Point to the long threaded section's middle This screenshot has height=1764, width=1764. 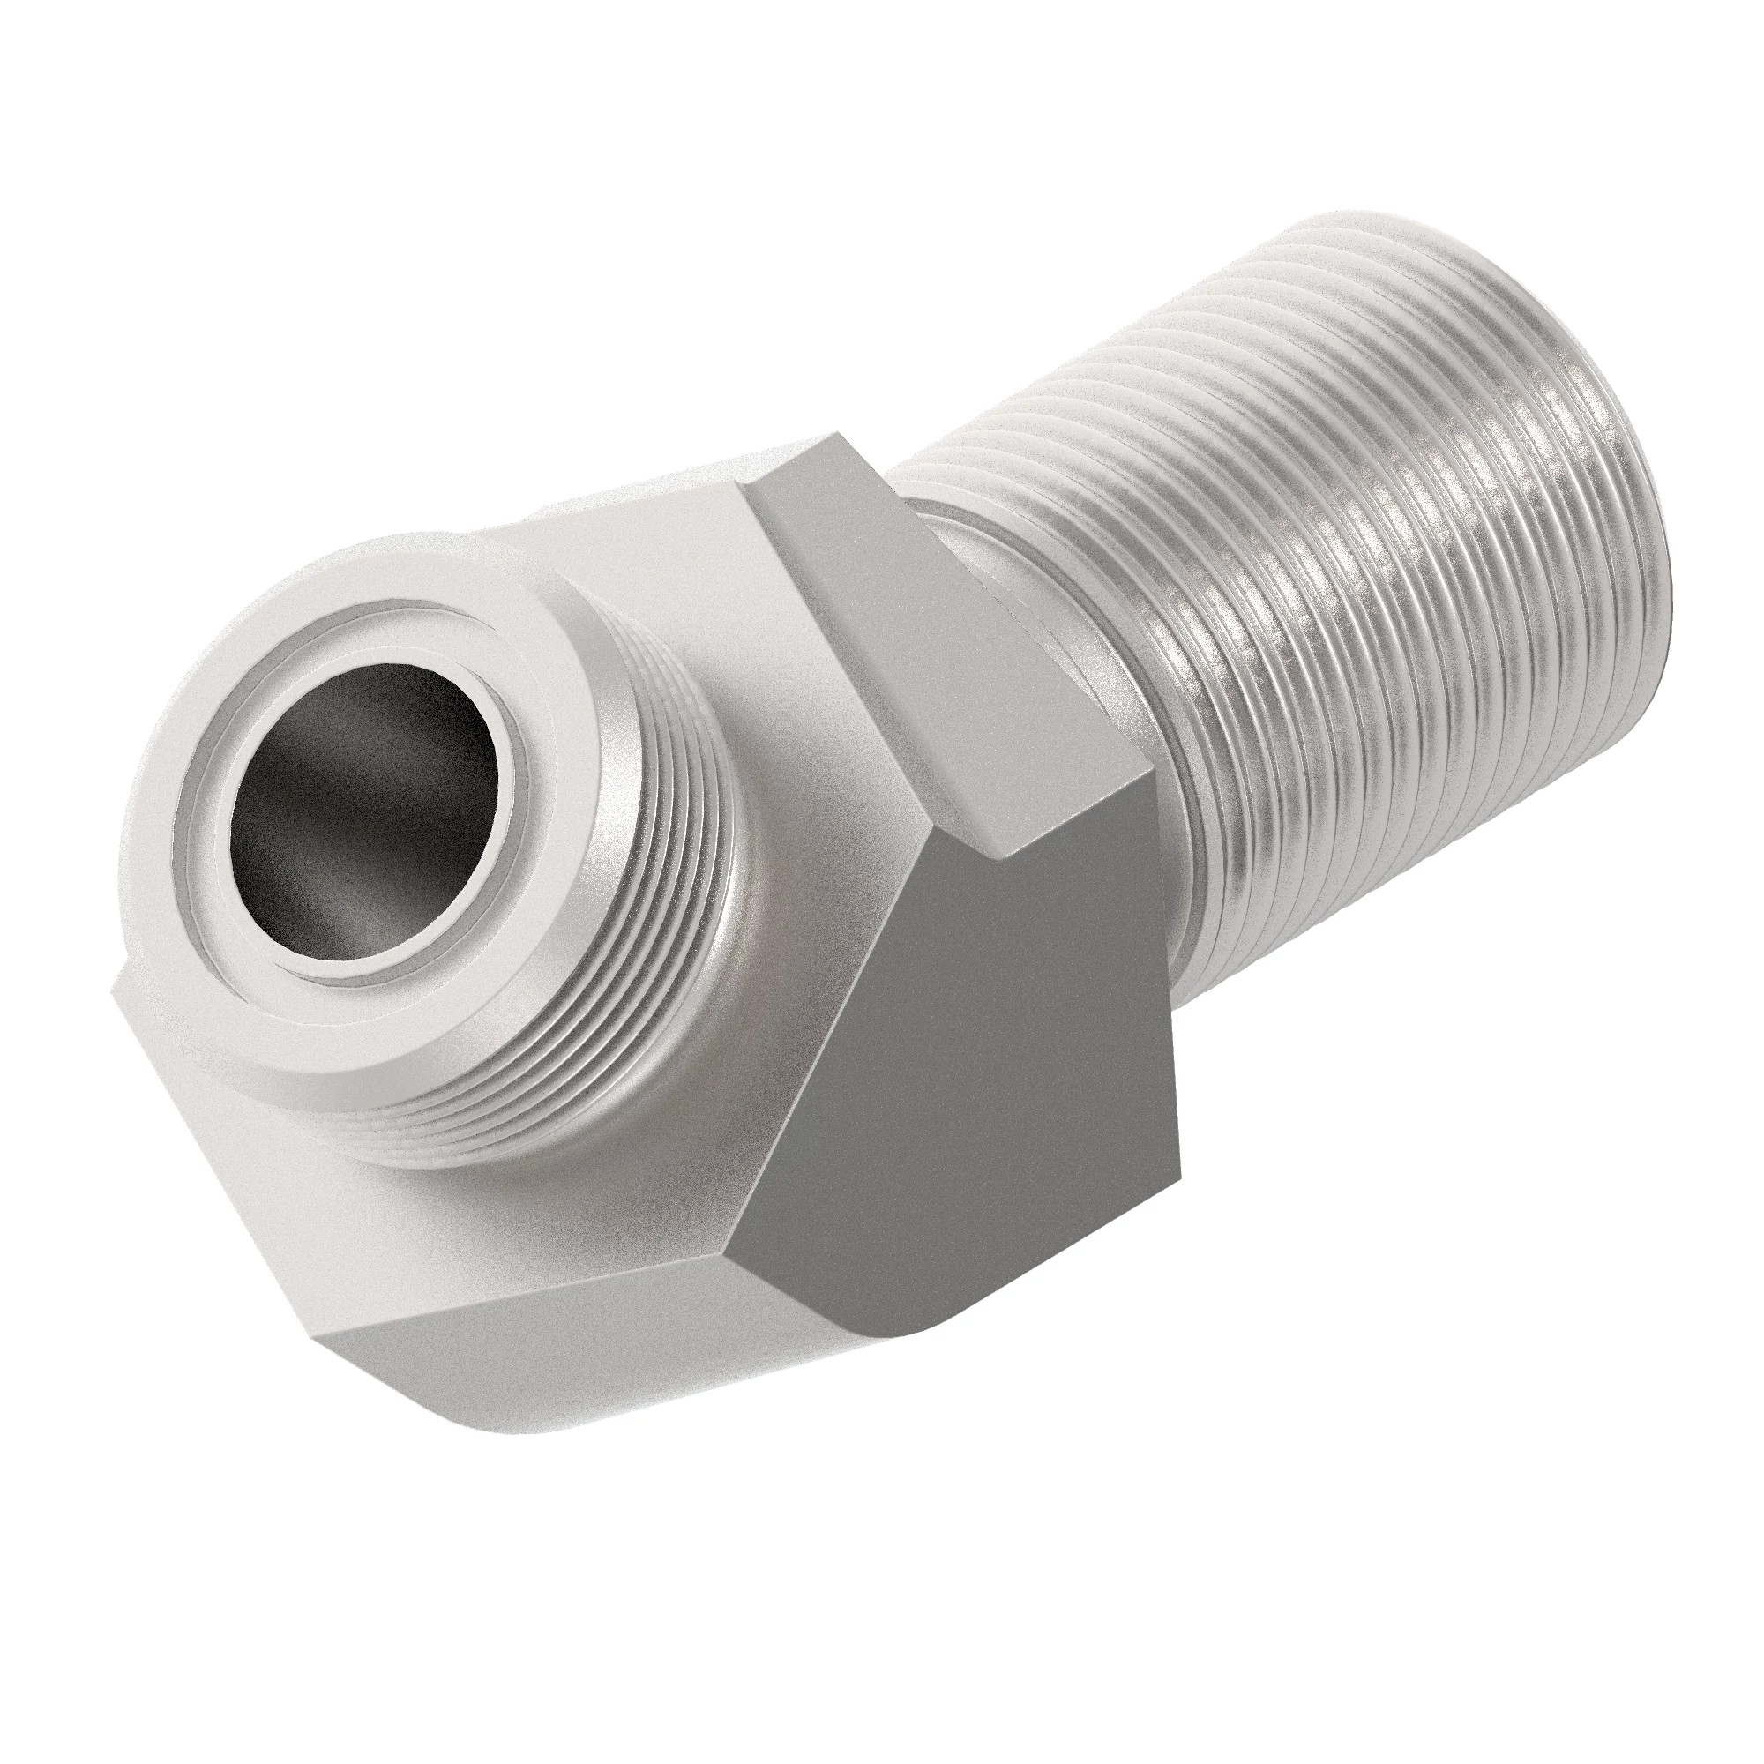point(1370,639)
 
